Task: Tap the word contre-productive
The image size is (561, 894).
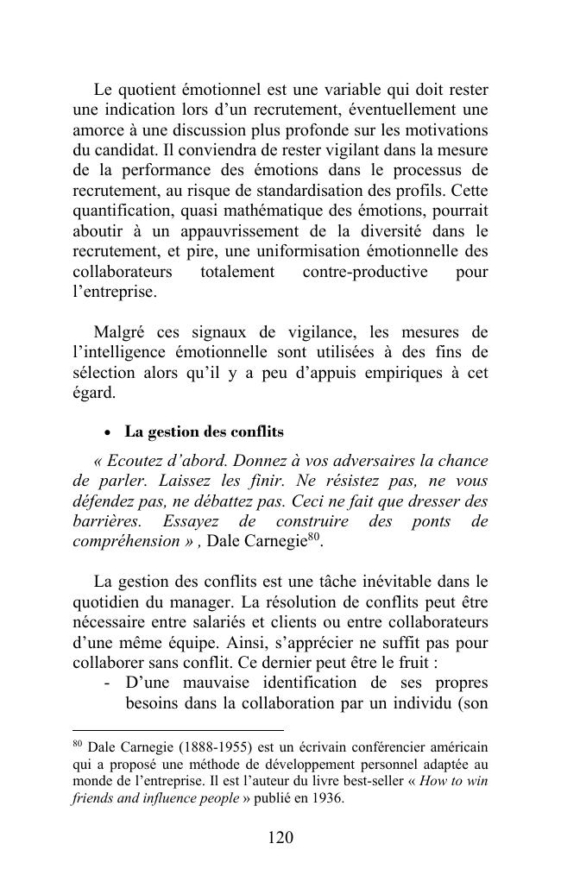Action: tap(365, 272)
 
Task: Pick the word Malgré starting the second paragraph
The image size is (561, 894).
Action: tap(119, 332)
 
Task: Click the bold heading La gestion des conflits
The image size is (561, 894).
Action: tap(204, 431)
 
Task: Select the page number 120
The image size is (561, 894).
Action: tap(280, 838)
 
